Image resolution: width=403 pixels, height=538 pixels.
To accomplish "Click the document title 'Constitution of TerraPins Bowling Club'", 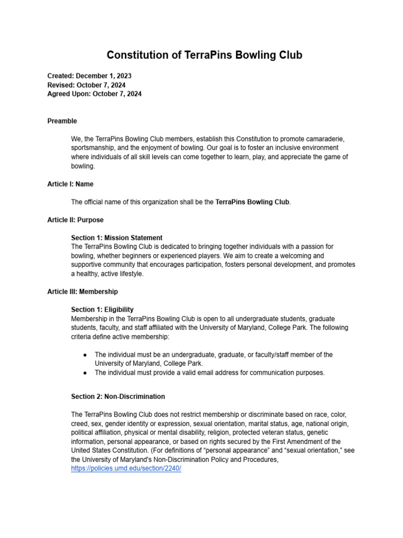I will [x=204, y=55].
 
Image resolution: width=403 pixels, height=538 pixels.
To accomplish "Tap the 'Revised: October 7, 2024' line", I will [x=86, y=85].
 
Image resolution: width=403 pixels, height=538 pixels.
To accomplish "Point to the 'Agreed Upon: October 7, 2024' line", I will [x=94, y=94].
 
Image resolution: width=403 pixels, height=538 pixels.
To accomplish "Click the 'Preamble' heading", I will [x=62, y=121].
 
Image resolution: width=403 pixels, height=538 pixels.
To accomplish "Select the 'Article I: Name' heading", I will [x=70, y=184].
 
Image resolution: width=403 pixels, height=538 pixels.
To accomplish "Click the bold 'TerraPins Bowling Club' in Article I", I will [x=252, y=202].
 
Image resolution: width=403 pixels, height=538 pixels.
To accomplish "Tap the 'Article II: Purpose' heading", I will [x=75, y=220].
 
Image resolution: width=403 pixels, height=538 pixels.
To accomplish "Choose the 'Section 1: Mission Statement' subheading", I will [x=116, y=237].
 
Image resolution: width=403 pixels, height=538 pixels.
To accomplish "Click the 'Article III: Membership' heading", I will [x=82, y=292].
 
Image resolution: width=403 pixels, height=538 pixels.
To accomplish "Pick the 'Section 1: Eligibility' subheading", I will [x=102, y=309].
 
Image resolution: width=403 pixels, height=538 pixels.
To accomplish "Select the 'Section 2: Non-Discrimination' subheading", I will [x=118, y=397].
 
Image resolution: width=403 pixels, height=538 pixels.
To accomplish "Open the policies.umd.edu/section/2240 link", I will [x=126, y=469].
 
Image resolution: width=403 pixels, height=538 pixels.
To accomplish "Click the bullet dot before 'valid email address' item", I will [x=85, y=373].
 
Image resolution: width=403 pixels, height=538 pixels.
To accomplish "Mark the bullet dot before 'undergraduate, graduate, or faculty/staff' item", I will [x=85, y=355].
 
